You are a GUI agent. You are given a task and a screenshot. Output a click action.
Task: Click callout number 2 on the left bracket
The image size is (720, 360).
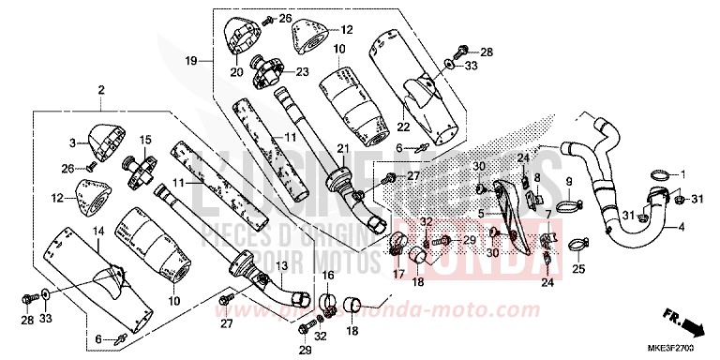(98, 91)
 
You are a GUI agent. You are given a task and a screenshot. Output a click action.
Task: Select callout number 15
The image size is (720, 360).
(145, 140)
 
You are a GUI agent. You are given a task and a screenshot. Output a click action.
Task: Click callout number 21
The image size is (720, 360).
(342, 148)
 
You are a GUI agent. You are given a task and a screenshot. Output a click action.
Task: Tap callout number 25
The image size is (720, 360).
(577, 270)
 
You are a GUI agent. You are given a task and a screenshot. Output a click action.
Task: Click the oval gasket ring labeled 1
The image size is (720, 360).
(660, 174)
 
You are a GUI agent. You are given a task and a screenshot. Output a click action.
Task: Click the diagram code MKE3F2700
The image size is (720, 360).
(687, 349)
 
